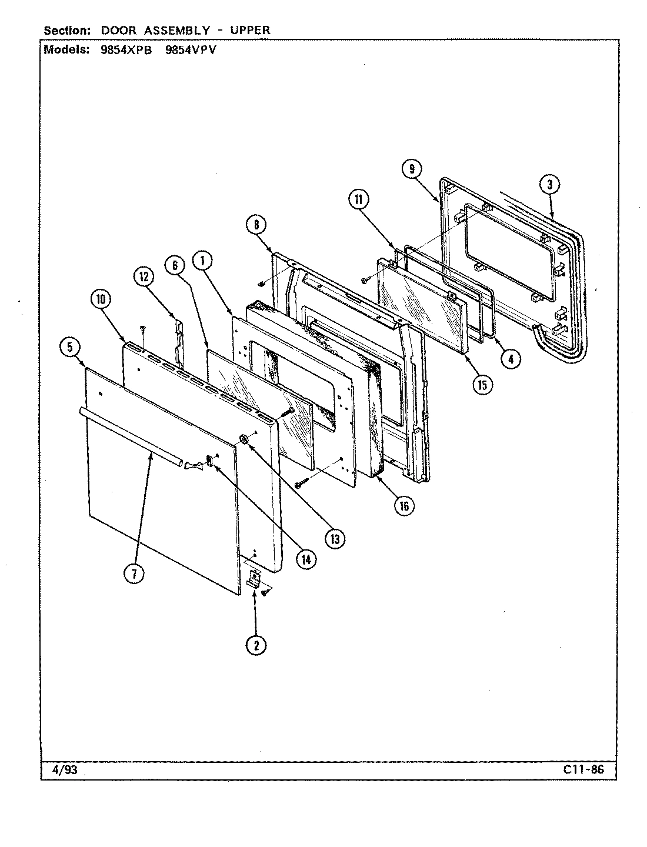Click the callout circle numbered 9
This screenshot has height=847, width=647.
coord(412,169)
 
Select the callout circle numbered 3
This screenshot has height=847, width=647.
coord(549,185)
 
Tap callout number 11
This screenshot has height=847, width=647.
coord(358,200)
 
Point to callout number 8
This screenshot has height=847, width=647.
coord(256,224)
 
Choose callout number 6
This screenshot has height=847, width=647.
coord(175,265)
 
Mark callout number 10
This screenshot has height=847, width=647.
coord(101,299)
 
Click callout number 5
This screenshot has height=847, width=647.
coord(70,348)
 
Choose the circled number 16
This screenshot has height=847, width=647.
coord(403,505)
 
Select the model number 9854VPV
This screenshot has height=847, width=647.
coord(191,50)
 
